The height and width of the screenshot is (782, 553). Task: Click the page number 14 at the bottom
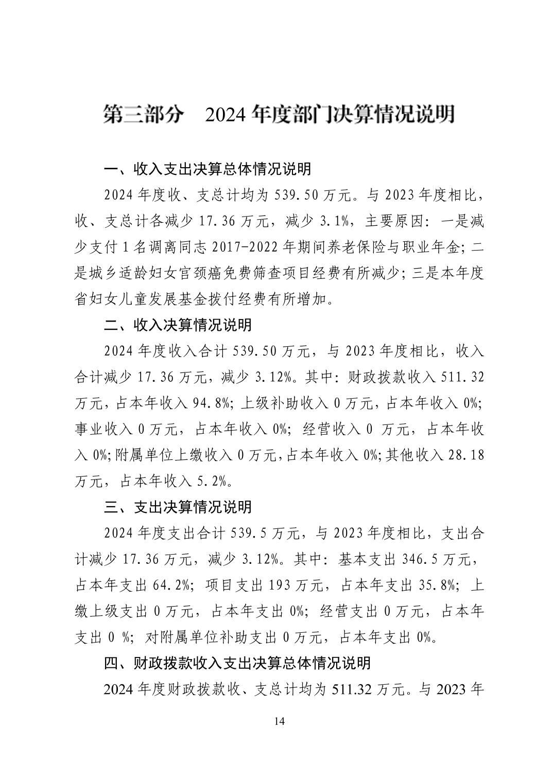tap(279, 721)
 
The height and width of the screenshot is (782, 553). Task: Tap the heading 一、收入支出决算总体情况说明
tap(208, 169)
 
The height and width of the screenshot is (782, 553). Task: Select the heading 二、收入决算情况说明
tap(178, 325)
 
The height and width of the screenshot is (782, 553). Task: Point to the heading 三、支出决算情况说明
tap(178, 507)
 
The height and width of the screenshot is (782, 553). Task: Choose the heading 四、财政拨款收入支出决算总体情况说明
tap(237, 663)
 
